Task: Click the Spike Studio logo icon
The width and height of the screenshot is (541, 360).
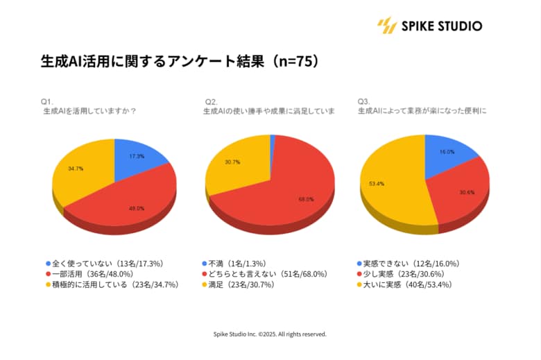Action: coord(386,26)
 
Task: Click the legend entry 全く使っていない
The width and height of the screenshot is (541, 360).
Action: coord(104,264)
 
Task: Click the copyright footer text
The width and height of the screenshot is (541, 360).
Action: coord(270,334)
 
